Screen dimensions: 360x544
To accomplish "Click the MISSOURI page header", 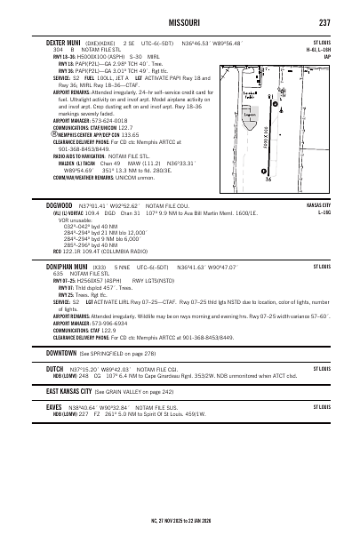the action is [x=179, y=21].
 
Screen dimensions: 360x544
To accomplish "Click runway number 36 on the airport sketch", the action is [x=268, y=179].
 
